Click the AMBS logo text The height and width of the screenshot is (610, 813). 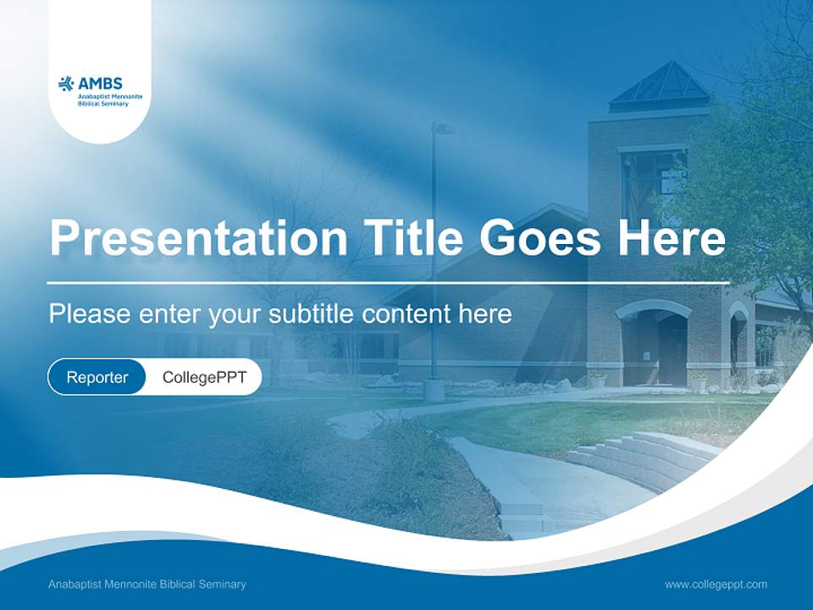tap(101, 83)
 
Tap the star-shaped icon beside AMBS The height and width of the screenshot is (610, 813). tap(66, 83)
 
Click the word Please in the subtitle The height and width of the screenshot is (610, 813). tap(89, 314)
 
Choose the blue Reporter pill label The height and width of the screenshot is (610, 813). tap(97, 377)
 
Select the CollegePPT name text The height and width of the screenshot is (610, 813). tap(204, 377)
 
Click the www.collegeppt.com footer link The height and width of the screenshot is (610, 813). tap(716, 584)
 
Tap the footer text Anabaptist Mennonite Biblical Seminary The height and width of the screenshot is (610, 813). tap(147, 584)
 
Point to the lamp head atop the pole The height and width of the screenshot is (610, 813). tap(443, 129)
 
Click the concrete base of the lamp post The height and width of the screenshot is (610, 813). tap(434, 390)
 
